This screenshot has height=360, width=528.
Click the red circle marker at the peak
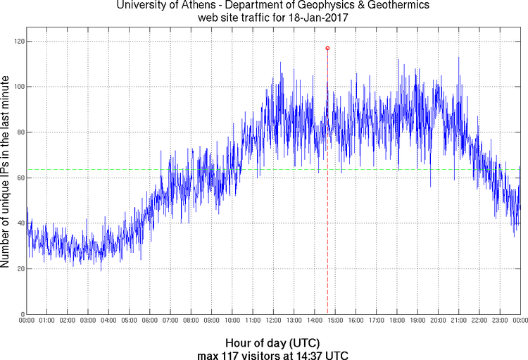[327, 48]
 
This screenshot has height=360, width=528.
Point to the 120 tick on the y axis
[18, 42]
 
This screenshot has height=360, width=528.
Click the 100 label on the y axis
[18, 87]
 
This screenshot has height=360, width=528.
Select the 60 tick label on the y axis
[20, 178]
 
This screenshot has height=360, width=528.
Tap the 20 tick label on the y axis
[20, 268]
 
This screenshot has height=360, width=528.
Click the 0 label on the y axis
[23, 314]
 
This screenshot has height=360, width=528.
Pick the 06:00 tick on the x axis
[150, 321]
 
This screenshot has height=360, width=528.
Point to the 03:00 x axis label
[88, 321]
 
